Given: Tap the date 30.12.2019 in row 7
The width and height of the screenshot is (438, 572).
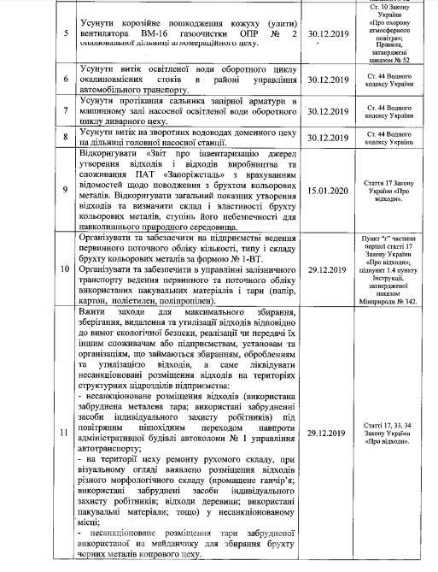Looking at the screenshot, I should [x=330, y=111].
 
